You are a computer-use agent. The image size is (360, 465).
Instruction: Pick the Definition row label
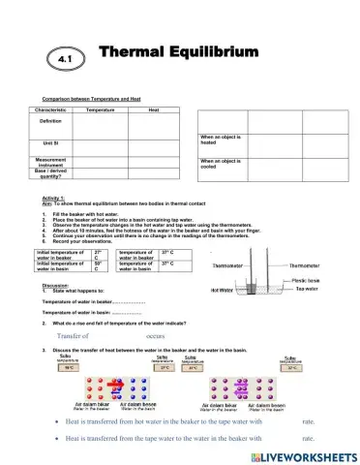(50, 121)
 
